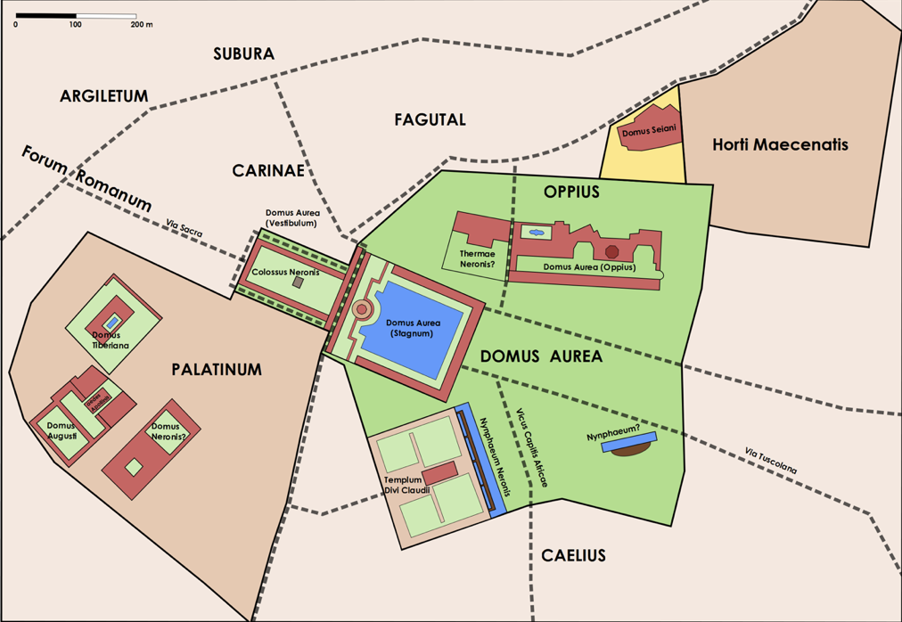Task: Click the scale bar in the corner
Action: coord(76,16)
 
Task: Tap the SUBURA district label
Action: coord(243,54)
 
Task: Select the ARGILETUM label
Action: coord(103,96)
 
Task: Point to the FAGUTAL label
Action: coord(430,119)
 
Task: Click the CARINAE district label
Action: coord(268,170)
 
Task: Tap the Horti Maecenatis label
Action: coord(780,144)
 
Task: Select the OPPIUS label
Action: coord(571,192)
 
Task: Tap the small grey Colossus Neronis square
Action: coord(299,282)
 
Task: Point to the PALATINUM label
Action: coord(217,370)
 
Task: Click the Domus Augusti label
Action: coord(61,430)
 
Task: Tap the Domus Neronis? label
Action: coord(168,431)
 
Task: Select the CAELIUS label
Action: coord(573,555)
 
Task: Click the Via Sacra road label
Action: coord(184,228)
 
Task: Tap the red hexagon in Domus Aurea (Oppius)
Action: coord(611,252)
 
